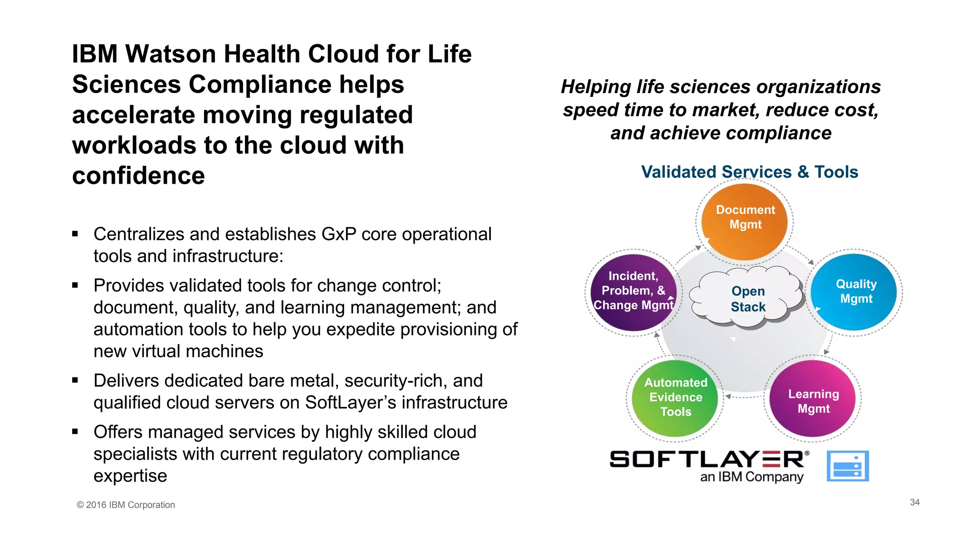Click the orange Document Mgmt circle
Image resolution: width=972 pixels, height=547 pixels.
pyautogui.click(x=745, y=222)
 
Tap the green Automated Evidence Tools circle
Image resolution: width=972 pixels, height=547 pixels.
pyautogui.click(x=675, y=398)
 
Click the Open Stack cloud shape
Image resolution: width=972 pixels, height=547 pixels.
pyautogui.click(x=748, y=299)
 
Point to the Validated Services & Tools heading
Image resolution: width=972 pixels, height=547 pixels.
pyautogui.click(x=749, y=172)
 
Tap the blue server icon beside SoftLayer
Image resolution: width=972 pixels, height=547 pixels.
pyautogui.click(x=848, y=466)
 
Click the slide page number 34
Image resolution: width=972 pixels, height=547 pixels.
pyautogui.click(x=915, y=502)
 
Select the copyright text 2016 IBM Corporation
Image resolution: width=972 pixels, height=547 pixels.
pyautogui.click(x=126, y=505)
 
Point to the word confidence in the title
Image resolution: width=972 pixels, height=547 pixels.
pyautogui.click(x=139, y=176)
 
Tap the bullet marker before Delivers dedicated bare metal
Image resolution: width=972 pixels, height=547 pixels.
pyautogui.click(x=75, y=380)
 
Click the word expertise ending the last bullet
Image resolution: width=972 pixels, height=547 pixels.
pyautogui.click(x=130, y=476)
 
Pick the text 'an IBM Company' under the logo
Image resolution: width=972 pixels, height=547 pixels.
pyautogui.click(x=752, y=477)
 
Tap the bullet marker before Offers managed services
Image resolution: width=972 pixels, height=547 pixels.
pyautogui.click(x=75, y=432)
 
